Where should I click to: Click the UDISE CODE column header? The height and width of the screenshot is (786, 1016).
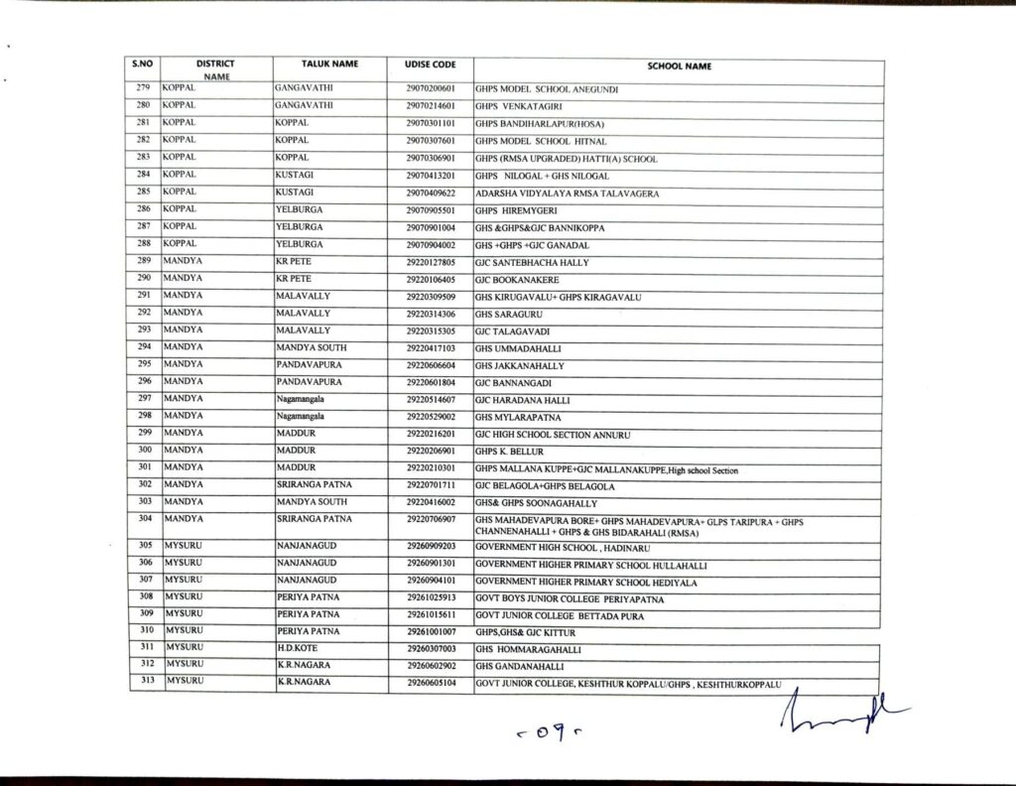[x=431, y=65]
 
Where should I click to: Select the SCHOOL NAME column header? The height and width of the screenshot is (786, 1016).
[x=679, y=66]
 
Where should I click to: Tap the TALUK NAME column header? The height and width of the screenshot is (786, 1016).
[x=329, y=65]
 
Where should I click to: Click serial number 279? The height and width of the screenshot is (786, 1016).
[x=143, y=88]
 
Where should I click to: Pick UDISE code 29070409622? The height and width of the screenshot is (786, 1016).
[x=431, y=193]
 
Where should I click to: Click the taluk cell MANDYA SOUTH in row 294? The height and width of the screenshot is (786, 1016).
[x=310, y=349]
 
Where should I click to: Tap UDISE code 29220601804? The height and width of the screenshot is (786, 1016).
[x=431, y=382]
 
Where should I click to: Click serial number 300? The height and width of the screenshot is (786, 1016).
[x=143, y=451]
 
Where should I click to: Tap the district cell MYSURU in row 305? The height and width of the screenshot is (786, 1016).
[x=183, y=545]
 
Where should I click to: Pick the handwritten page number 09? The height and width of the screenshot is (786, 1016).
[x=533, y=736]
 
